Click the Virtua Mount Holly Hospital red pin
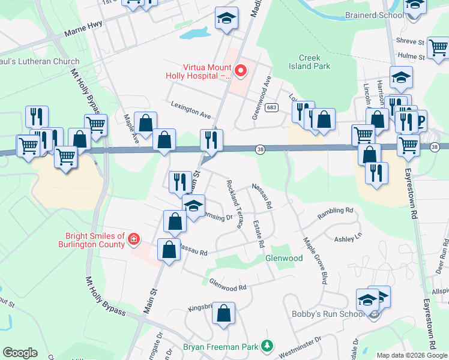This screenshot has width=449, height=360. tap(241, 71)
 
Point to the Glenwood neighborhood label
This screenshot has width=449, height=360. tap(284, 258)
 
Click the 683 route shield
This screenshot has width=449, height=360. tap(271, 107)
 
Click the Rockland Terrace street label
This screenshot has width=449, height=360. tap(234, 203)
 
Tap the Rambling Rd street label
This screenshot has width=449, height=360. tap(336, 211)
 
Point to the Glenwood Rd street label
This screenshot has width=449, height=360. tap(228, 284)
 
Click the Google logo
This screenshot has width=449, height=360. tap(20, 353)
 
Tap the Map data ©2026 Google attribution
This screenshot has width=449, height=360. tap(411, 355)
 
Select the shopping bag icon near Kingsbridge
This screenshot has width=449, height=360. tap(223, 314)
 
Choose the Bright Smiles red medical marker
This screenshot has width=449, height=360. tap(133, 241)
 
